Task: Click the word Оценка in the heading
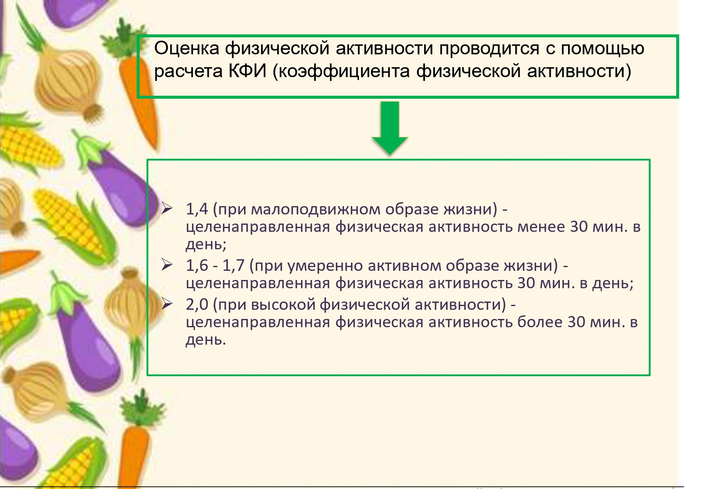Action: [x=187, y=48]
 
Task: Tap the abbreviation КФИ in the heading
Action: [x=247, y=71]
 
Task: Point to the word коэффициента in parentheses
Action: [x=345, y=72]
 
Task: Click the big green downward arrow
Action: [x=390, y=128]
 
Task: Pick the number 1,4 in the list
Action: [x=197, y=209]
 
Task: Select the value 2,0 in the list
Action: [x=197, y=304]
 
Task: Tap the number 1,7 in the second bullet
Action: [x=233, y=265]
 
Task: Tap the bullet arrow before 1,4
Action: [x=167, y=208]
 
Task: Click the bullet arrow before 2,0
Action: [x=167, y=304]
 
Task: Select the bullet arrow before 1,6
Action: [x=167, y=265]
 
